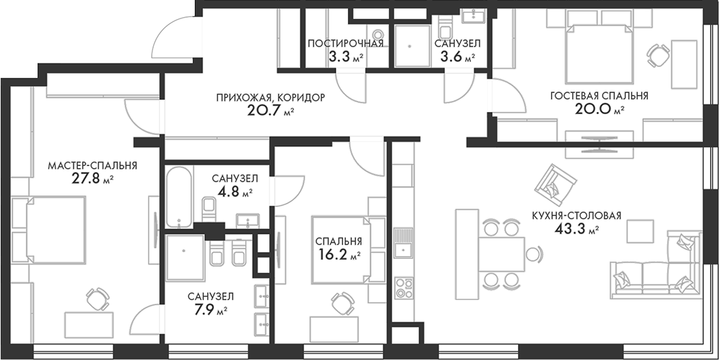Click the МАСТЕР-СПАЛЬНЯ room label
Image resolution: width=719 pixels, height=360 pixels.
point(92,165)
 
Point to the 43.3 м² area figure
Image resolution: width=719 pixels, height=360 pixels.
point(577,229)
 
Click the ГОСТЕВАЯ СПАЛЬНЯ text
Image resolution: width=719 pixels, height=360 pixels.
point(599,96)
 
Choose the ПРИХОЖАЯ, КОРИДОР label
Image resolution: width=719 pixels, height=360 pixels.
point(270,98)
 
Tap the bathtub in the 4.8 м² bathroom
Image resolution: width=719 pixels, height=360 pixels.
point(180,195)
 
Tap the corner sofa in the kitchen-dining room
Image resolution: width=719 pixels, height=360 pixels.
point(656,273)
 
